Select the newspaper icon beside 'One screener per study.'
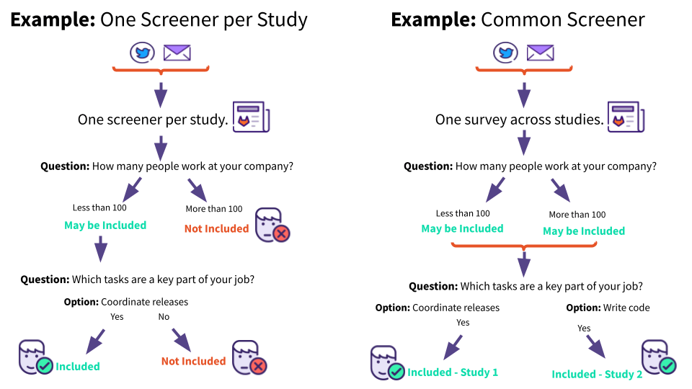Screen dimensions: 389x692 (250, 117)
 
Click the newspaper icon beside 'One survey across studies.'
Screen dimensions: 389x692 (626, 117)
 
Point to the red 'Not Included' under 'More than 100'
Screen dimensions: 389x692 (216, 228)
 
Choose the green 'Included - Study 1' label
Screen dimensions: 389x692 (453, 372)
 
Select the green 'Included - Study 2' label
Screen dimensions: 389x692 (597, 374)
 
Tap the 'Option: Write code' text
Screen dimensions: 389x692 (608, 308)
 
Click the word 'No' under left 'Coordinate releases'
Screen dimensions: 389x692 (164, 317)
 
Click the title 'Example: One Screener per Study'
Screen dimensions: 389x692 (159, 19)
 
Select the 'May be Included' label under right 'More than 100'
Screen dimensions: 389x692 (583, 231)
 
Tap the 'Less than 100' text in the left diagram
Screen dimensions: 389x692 (99, 208)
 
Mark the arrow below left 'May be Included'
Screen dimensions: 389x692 (101, 249)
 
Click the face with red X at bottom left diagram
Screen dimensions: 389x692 (249, 358)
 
